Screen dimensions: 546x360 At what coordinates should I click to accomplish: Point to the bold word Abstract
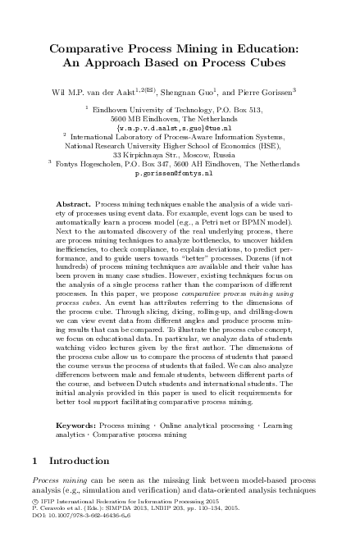[x=73, y=202]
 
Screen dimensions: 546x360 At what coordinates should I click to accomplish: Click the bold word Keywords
[x=75, y=426]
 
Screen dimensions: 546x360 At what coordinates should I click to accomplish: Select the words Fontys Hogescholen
[x=90, y=164]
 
